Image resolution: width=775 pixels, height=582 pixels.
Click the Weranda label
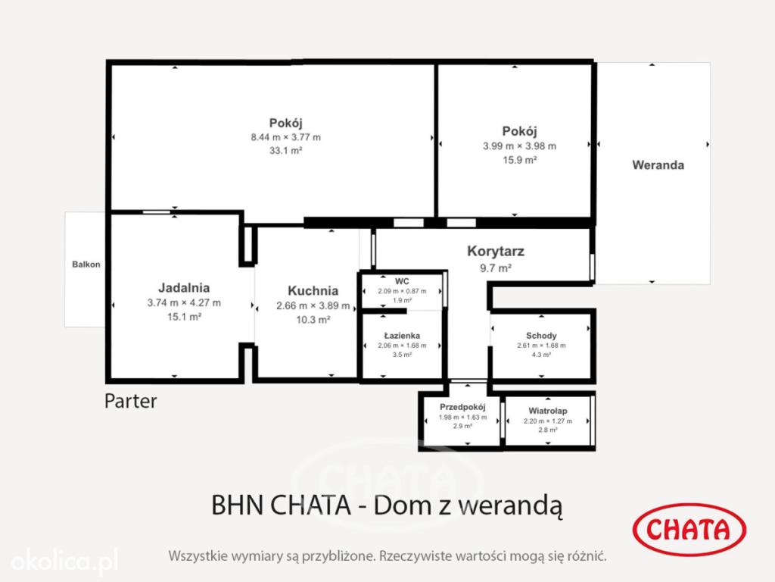click(658, 164)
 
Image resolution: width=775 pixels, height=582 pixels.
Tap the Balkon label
click(86, 264)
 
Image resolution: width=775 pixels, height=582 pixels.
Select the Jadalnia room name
click(184, 287)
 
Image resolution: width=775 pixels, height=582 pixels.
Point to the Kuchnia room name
click(313, 290)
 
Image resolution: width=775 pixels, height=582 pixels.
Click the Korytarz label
click(496, 252)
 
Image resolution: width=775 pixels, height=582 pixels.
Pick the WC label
click(402, 281)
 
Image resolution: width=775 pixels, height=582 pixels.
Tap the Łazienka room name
click(402, 336)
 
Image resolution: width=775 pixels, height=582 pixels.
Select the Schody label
click(541, 336)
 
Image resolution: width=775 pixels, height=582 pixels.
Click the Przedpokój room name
click(462, 407)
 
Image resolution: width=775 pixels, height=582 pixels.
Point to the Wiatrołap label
click(548, 411)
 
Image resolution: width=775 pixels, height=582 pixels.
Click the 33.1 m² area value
click(285, 151)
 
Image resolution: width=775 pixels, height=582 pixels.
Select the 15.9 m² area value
click(519, 160)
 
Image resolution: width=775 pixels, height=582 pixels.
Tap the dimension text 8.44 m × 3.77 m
click(285, 137)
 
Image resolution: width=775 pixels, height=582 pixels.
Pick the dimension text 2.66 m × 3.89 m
click(313, 306)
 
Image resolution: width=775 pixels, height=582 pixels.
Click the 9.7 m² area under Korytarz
click(496, 268)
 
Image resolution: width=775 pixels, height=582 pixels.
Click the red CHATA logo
click(689, 529)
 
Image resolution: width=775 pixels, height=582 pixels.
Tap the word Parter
click(130, 401)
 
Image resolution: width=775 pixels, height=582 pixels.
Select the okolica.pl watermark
click(64, 561)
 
